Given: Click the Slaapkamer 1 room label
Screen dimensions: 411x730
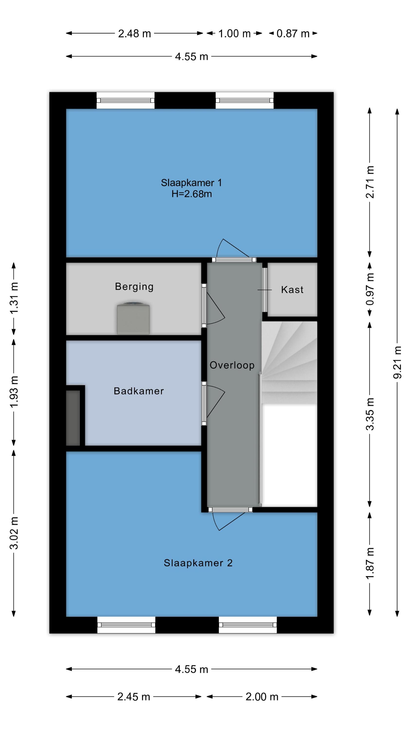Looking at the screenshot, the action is [x=191, y=183].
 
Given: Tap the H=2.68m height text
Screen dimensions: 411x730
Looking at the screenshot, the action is [x=191, y=194].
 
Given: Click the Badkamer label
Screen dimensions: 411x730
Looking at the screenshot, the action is [x=139, y=391].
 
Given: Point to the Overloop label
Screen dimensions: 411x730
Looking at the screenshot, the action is [x=232, y=365].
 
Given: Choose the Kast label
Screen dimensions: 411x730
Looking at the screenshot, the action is [x=292, y=290].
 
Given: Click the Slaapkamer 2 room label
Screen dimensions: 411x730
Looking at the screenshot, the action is [x=198, y=563].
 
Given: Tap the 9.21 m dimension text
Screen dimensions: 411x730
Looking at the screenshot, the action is [x=397, y=362].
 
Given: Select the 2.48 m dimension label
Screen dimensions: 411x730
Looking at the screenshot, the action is [x=134, y=34].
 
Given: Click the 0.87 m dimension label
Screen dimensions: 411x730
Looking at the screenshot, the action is [x=293, y=34].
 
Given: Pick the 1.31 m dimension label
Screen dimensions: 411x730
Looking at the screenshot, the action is [x=14, y=298].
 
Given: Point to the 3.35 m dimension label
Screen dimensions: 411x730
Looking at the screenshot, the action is [x=370, y=414].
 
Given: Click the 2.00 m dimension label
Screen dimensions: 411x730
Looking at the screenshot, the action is [x=262, y=697].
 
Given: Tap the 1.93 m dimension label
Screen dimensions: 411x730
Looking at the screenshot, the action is [x=14, y=392].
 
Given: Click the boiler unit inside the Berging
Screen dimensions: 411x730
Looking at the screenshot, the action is [x=133, y=319].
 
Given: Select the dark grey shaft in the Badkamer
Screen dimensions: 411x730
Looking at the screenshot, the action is [x=73, y=418].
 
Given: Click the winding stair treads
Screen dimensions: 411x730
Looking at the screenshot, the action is [x=289, y=363].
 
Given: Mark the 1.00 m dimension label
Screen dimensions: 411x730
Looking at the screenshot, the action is [x=234, y=34].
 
